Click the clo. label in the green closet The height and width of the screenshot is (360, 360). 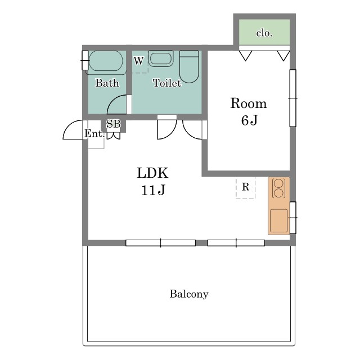[264, 33]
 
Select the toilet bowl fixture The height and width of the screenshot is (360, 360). [189, 66]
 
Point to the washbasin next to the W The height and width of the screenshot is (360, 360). [161, 58]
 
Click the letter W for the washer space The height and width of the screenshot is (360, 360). [139, 61]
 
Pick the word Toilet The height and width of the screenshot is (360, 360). [167, 83]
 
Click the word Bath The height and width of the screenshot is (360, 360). [107, 83]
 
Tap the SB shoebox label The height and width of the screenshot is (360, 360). [114, 124]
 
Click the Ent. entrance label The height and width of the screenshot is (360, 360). [94, 133]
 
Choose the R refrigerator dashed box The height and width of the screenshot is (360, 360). [245, 187]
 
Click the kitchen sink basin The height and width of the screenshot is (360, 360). [279, 220]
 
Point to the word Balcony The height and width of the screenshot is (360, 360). [189, 294]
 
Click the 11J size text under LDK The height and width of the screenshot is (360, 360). [153, 190]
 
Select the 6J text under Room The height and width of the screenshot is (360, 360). [249, 120]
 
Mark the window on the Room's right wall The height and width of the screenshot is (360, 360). [292, 98]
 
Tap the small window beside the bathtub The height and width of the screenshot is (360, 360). [85, 60]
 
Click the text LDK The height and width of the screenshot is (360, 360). [152, 173]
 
